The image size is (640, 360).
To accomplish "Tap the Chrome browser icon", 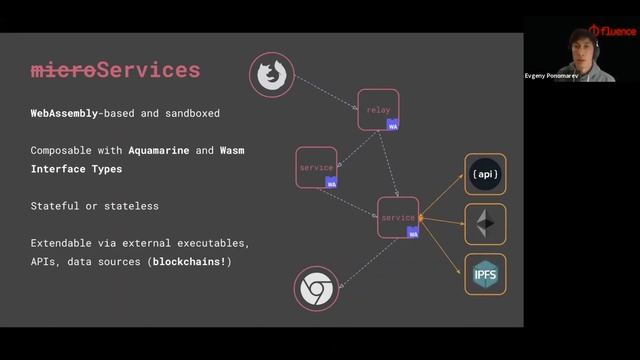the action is pyautogui.click(x=316, y=290).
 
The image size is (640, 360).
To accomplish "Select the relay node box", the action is pyautogui.click(x=378, y=109).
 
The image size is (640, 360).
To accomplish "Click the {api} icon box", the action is pyautogui.click(x=485, y=174).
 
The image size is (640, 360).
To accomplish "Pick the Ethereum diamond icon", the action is pyautogui.click(x=485, y=224).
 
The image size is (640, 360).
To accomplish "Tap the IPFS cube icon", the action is pyautogui.click(x=485, y=274).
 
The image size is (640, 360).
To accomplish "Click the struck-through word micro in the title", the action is pyautogui.click(x=63, y=70).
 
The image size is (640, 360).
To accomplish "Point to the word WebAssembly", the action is pyautogui.click(x=64, y=114).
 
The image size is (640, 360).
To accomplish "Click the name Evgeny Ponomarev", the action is pyautogui.click(x=551, y=76).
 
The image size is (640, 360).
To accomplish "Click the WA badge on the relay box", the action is pyautogui.click(x=393, y=126).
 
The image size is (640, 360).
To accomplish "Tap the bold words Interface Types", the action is pyautogui.click(x=77, y=169).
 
